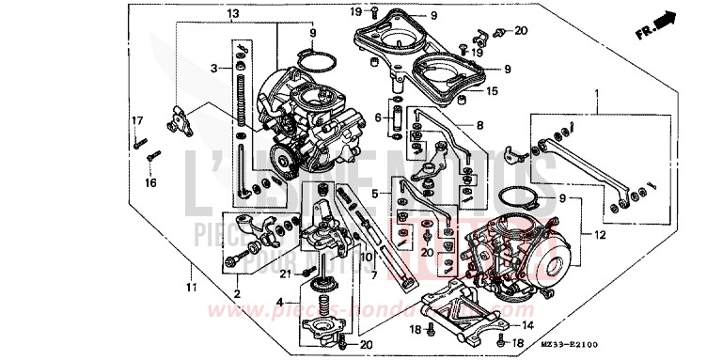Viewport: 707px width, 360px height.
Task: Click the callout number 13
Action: [233, 12]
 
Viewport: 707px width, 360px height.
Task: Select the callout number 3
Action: [214, 69]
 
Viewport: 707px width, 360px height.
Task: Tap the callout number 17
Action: [136, 120]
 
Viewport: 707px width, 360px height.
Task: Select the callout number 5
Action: [374, 193]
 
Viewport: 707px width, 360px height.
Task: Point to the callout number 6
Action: [378, 117]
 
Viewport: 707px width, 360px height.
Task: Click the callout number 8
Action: [479, 125]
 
